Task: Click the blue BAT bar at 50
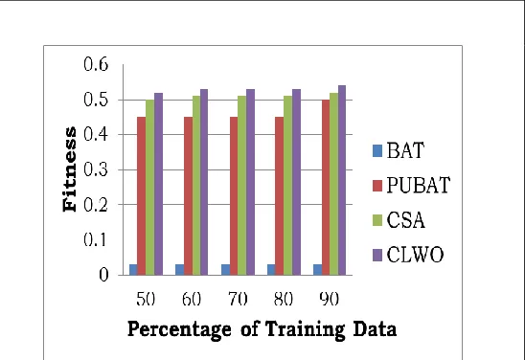coord(133,270)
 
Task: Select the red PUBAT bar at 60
coord(188,196)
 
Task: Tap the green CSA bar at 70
coord(242,186)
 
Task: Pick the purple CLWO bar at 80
coord(296,182)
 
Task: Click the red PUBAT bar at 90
coord(326,188)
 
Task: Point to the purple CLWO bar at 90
coord(342,180)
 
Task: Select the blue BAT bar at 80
coord(271,270)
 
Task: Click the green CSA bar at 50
coord(149,188)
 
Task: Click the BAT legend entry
coord(399,150)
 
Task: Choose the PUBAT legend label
coord(419,185)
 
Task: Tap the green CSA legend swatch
coord(377,220)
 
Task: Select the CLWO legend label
coord(415,255)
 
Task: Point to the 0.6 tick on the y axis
coord(96,64)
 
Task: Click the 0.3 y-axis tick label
coord(96,170)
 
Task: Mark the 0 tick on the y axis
coord(103,275)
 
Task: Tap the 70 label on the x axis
coord(238,299)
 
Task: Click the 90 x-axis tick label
coord(330,299)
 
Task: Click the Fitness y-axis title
coord(70,169)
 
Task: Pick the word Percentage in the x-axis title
coord(179,329)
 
